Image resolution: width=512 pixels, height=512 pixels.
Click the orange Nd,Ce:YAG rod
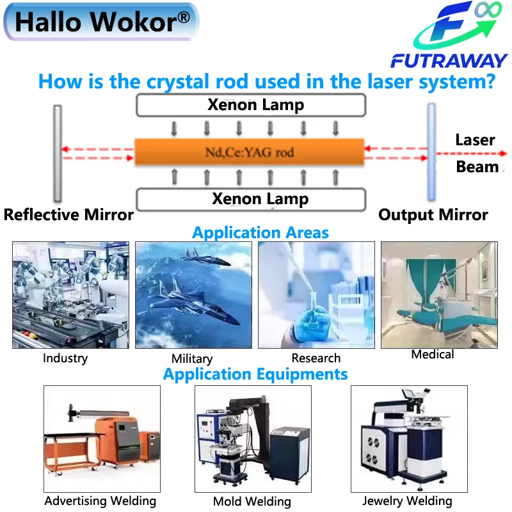(x=249, y=152)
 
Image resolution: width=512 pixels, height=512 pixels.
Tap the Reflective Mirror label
(x=68, y=215)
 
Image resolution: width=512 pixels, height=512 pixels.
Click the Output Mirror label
(x=433, y=215)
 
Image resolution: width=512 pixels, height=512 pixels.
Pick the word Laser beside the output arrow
(x=475, y=140)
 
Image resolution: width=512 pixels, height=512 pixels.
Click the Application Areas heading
(x=260, y=232)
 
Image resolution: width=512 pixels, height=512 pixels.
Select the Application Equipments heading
(x=255, y=374)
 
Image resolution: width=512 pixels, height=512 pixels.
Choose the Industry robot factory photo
(x=70, y=295)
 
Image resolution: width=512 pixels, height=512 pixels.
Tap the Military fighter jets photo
(x=193, y=295)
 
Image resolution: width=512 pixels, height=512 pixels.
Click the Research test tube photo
(x=316, y=295)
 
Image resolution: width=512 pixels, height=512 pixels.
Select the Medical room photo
(x=439, y=295)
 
